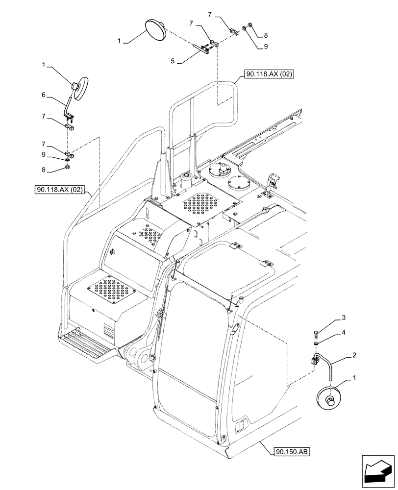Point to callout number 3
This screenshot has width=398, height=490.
[x=343, y=318]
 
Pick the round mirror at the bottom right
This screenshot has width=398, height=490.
[x=329, y=395]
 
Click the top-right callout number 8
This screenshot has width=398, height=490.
[x=265, y=35]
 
